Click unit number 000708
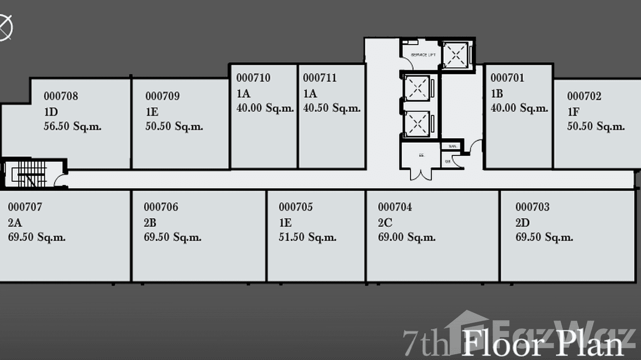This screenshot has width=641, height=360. tap(61, 96)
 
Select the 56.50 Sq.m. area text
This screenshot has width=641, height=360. tap(72, 127)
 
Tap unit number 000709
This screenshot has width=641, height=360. tap(162, 96)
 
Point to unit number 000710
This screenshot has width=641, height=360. tap(253, 78)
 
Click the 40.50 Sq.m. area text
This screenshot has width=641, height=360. tap(331, 108)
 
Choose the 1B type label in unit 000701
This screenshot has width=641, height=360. tap(497, 93)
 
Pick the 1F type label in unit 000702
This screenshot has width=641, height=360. tap(573, 112)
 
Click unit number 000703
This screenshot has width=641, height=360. tap(532, 207)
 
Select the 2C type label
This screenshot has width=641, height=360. tap(385, 222)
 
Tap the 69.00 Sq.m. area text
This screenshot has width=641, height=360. tap(406, 238)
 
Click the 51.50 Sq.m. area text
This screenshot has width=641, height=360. tap(308, 238)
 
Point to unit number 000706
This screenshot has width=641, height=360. tap(161, 207)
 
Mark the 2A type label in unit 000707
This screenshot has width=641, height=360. tap(15, 222)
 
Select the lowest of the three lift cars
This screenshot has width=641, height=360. tap(417, 124)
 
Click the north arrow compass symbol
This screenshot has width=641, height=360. tap(5, 27)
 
